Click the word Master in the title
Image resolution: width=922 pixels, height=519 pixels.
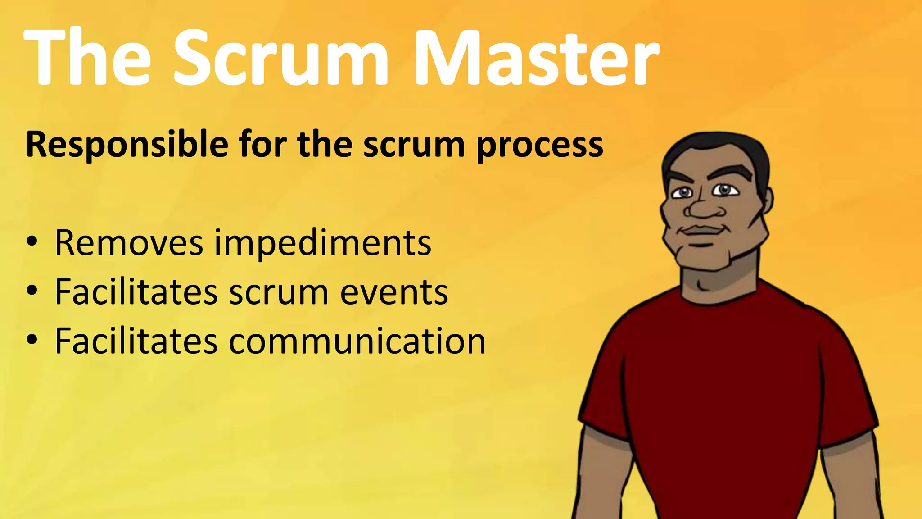(536, 57)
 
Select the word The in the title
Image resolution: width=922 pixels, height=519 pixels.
(88, 57)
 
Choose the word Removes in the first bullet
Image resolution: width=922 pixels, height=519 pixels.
(129, 243)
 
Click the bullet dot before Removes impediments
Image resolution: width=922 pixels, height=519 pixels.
(32, 242)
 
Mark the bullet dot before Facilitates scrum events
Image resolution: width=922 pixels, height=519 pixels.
(32, 291)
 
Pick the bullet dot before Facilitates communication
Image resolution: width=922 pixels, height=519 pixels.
(32, 340)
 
